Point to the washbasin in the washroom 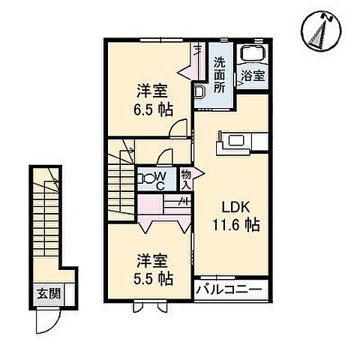click(200, 91)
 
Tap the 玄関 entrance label click(45, 293)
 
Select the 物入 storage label click(187, 178)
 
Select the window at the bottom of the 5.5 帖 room click(150, 305)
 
